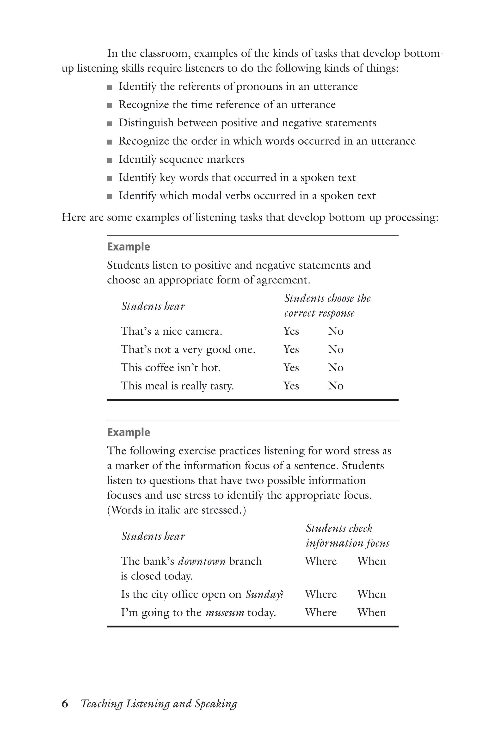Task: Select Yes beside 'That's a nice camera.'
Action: tap(291, 331)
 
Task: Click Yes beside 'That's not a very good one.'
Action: tap(291, 349)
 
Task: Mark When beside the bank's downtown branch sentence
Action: tap(371, 561)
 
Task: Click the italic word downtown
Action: tap(202, 561)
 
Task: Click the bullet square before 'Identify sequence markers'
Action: tap(110, 160)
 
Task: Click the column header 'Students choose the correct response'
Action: tap(327, 305)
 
